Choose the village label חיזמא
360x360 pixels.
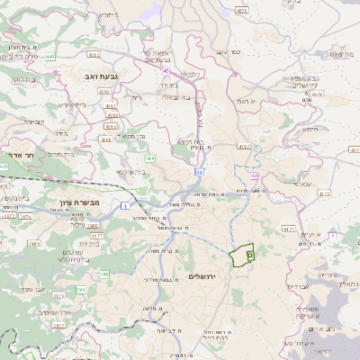click(x=310, y=128)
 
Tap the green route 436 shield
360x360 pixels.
click(x=150, y=158)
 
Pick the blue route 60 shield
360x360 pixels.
click(x=255, y=175)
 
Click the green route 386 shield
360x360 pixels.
click(x=81, y=290)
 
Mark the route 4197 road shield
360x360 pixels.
click(x=243, y=145)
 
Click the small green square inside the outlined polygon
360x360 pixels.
click(x=249, y=256)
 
